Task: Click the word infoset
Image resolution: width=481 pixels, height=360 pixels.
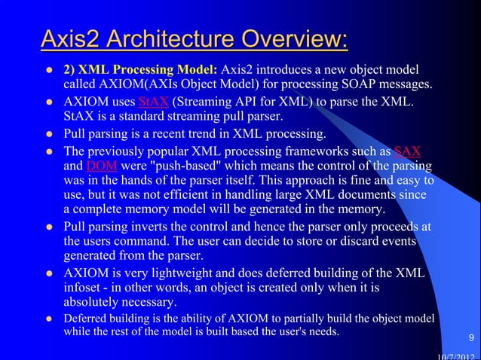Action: pos(84,288)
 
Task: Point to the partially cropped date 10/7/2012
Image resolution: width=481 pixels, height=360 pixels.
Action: pos(458,356)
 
